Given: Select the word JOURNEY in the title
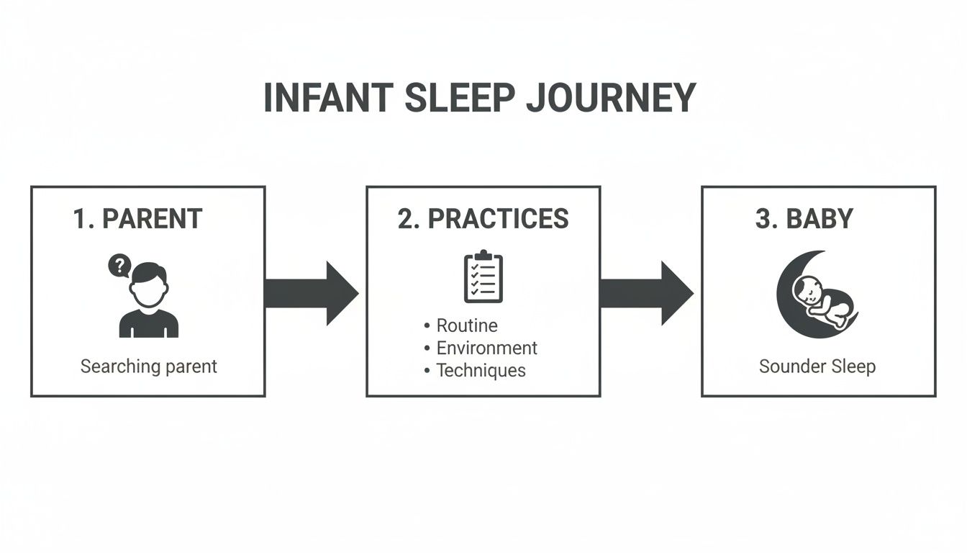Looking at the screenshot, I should pyautogui.click(x=611, y=98).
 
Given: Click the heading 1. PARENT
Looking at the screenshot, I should pyautogui.click(x=138, y=219).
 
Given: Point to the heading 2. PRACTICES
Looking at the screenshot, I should pyautogui.click(x=483, y=219).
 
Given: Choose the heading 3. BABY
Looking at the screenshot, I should pyautogui.click(x=804, y=219).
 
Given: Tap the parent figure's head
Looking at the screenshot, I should pyautogui.click(x=149, y=285).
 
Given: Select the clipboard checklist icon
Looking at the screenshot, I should pyautogui.click(x=484, y=276).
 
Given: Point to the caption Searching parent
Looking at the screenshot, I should pyautogui.click(x=148, y=367).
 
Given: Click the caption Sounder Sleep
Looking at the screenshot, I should pyautogui.click(x=817, y=367).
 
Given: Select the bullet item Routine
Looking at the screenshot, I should pyautogui.click(x=467, y=326).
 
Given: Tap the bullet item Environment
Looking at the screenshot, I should pyautogui.click(x=486, y=349).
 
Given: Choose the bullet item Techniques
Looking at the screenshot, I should pyautogui.click(x=481, y=371).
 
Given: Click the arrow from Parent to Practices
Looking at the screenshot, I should pyautogui.click(x=311, y=293).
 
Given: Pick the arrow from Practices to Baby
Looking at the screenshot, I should pyautogui.click(x=646, y=293).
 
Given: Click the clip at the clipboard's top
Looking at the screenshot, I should pyautogui.click(x=484, y=255).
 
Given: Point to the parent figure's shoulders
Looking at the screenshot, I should pyautogui.click(x=149, y=323).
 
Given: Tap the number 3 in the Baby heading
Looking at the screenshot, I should pyautogui.click(x=763, y=219).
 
